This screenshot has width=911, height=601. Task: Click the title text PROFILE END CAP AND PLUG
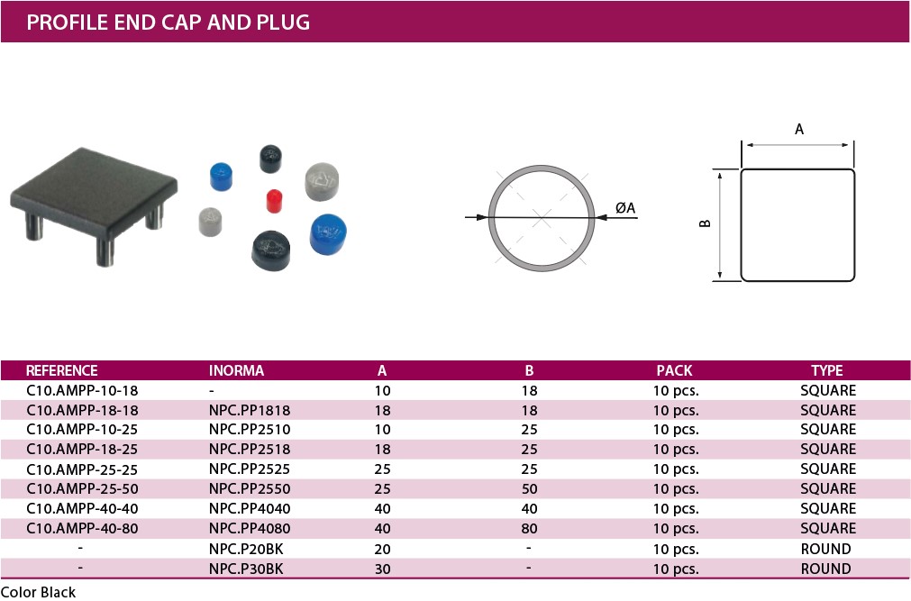coord(169,22)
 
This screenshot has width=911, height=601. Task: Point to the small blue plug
coord(220,175)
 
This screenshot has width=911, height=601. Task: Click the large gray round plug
coord(321,181)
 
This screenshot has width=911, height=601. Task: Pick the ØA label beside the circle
coord(625,208)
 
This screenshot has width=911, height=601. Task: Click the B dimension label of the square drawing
coord(706,223)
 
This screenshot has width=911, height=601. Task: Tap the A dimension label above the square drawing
coord(799,130)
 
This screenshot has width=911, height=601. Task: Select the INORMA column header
coord(236,370)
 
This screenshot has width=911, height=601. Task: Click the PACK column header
coord(674,370)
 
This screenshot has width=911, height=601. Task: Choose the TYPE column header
coord(826,370)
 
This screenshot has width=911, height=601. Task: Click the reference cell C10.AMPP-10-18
coord(82,390)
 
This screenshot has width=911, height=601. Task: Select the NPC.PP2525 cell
coord(250,469)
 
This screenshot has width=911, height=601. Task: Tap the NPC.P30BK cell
coord(246,569)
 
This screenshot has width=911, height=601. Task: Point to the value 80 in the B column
coord(529,528)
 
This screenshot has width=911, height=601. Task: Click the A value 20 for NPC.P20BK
coord(382,549)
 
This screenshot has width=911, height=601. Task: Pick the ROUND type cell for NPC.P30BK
coord(825,569)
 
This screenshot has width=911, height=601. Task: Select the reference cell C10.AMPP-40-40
coord(82,508)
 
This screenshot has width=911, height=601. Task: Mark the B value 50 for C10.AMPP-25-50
coord(529,488)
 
